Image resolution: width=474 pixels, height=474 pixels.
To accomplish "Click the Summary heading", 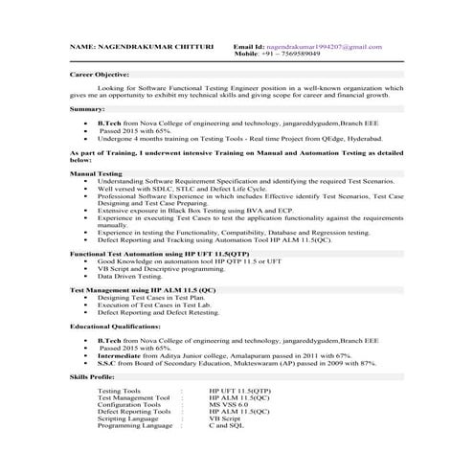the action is click(x=87, y=110).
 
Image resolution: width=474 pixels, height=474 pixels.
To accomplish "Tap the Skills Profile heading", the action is click(x=97, y=379).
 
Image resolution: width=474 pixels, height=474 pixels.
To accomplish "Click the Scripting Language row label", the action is click(x=127, y=418).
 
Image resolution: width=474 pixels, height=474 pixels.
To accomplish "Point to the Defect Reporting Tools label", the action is click(x=134, y=411).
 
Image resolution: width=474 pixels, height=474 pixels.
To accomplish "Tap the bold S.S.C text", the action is click(x=105, y=363).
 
